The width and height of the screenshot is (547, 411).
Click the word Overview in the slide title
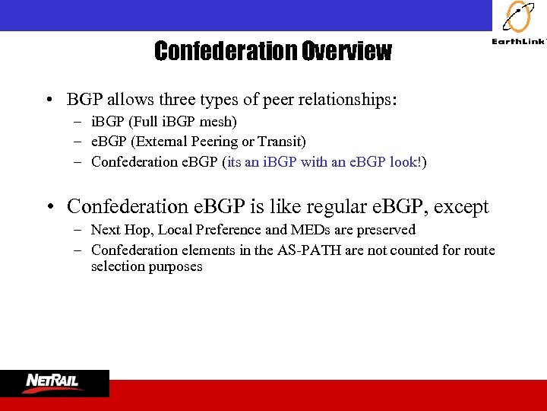pyautogui.click(x=346, y=51)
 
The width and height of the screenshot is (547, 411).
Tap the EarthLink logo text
pyautogui.click(x=518, y=43)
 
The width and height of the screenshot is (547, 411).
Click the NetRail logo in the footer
pyautogui.click(x=54, y=382)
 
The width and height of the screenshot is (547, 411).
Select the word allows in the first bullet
pyautogui.click(x=129, y=100)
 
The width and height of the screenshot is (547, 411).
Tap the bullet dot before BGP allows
pyautogui.click(x=48, y=100)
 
